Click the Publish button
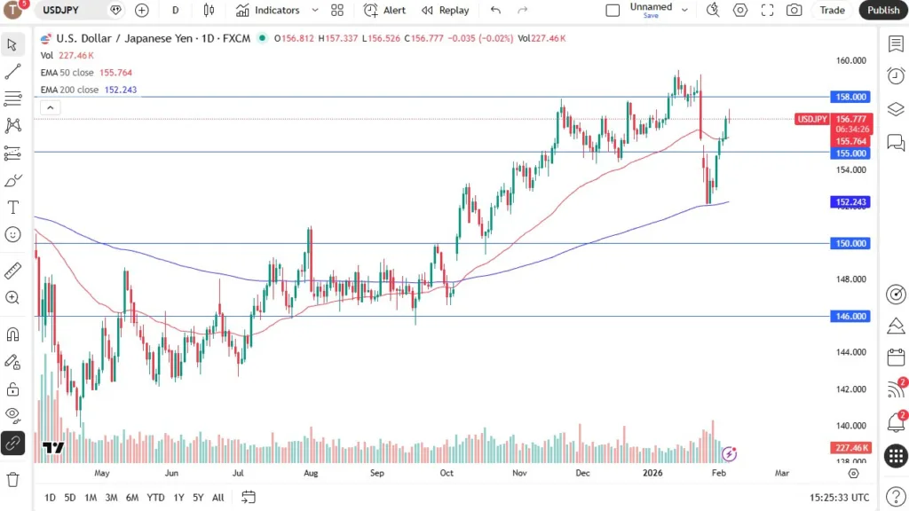[883, 10]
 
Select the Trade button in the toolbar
[832, 10]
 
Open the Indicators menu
[268, 10]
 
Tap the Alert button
[385, 10]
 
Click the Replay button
[445, 10]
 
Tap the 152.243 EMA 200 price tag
[850, 202]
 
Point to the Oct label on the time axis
[447, 473]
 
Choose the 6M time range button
[131, 498]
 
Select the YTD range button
[155, 498]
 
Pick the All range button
[217, 498]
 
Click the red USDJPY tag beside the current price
[812, 119]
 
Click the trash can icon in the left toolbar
[12, 479]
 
